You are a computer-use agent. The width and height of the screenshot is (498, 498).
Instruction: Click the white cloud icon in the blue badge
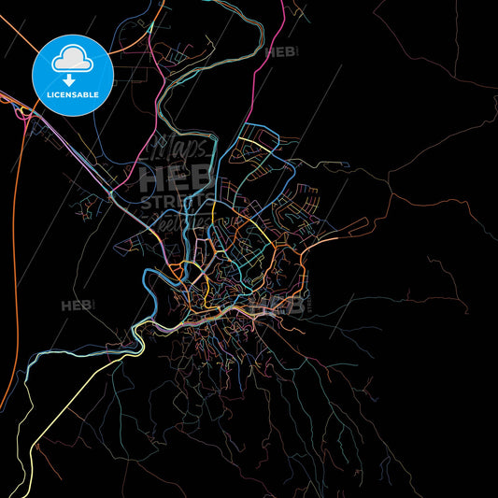click(72, 61)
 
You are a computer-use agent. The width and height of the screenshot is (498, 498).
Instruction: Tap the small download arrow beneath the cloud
click(72, 79)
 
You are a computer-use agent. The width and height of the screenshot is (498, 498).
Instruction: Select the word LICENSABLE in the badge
click(72, 94)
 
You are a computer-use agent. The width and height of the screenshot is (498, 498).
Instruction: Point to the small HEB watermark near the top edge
click(281, 52)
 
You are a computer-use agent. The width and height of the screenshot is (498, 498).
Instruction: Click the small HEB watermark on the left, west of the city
click(76, 306)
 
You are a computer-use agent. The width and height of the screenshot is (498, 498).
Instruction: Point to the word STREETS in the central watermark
click(177, 203)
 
